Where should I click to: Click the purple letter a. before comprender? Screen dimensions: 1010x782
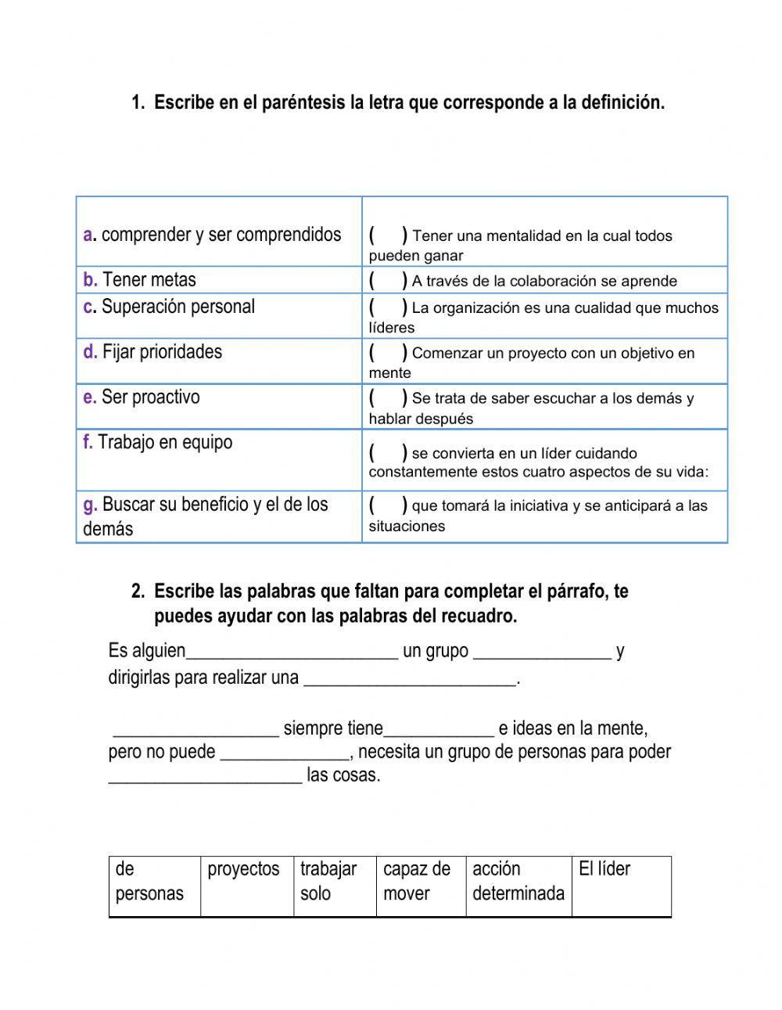(88, 235)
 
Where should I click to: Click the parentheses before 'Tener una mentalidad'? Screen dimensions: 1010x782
(388, 235)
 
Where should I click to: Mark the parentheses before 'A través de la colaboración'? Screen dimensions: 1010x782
(388, 280)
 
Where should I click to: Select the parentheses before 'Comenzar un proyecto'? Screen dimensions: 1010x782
(388, 352)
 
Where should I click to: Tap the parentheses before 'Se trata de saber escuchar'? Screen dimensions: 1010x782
(388, 397)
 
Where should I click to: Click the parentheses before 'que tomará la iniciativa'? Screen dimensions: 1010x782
(388, 505)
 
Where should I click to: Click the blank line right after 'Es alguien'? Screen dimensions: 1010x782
(292, 652)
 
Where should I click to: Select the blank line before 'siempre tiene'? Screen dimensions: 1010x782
(195, 730)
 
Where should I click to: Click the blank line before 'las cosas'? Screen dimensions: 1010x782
(205, 777)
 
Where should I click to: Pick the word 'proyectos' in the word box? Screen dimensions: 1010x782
(243, 869)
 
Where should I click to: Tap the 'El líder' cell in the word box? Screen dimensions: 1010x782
(604, 869)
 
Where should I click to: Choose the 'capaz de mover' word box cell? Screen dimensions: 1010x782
(417, 881)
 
